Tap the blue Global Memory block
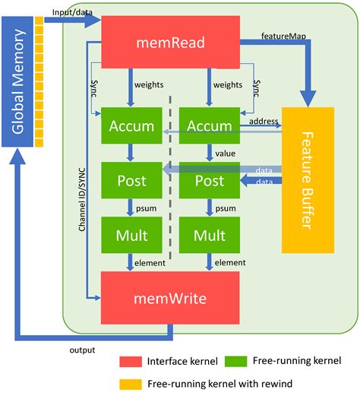point(21,83)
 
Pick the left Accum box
point(132,125)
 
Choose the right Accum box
point(210,125)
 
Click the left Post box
point(132,181)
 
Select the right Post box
point(210,181)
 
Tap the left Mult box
point(132,236)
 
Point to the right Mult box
point(210,236)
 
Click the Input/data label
point(71,12)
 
